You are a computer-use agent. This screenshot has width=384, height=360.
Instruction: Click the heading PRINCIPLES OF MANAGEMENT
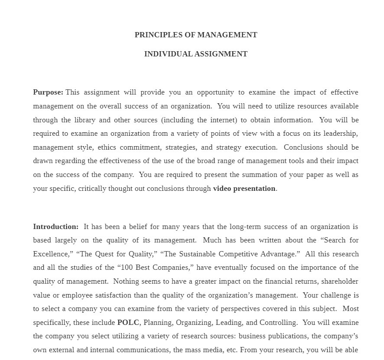click(x=196, y=35)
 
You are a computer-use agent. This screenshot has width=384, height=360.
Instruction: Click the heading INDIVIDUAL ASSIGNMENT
click(x=196, y=54)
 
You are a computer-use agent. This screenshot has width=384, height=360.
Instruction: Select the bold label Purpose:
click(x=48, y=92)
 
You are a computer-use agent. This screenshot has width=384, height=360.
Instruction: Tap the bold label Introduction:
click(x=56, y=226)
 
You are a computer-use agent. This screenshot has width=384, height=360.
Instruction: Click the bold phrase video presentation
click(x=244, y=188)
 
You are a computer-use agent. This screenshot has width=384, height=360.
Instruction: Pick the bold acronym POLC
click(x=128, y=322)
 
